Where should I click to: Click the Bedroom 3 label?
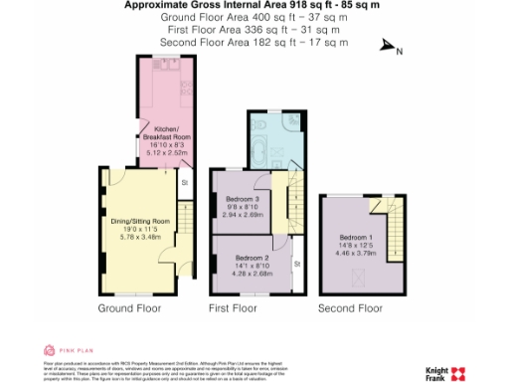(242, 199)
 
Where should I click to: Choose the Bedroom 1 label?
(352, 238)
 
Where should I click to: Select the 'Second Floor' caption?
(350, 309)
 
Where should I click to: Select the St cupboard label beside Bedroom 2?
(296, 263)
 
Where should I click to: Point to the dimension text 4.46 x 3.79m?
(352, 254)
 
